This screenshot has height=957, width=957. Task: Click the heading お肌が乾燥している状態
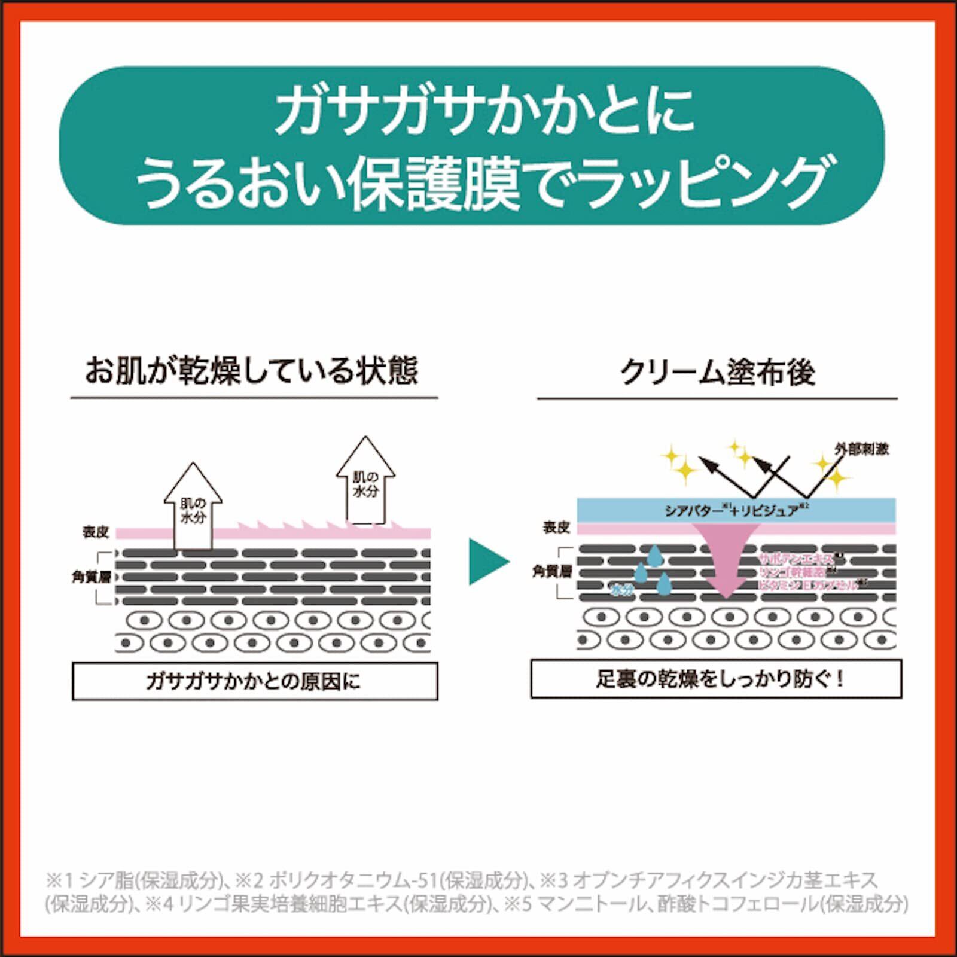[252, 371]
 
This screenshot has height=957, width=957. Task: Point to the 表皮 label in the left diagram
[96, 532]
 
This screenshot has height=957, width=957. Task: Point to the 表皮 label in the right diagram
[556, 527]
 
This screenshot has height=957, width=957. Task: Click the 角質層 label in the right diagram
[552, 572]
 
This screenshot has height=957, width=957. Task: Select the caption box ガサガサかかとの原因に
[254, 681]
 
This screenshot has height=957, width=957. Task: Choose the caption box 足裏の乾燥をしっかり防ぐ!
[716, 679]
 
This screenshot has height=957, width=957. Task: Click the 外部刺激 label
[861, 449]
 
